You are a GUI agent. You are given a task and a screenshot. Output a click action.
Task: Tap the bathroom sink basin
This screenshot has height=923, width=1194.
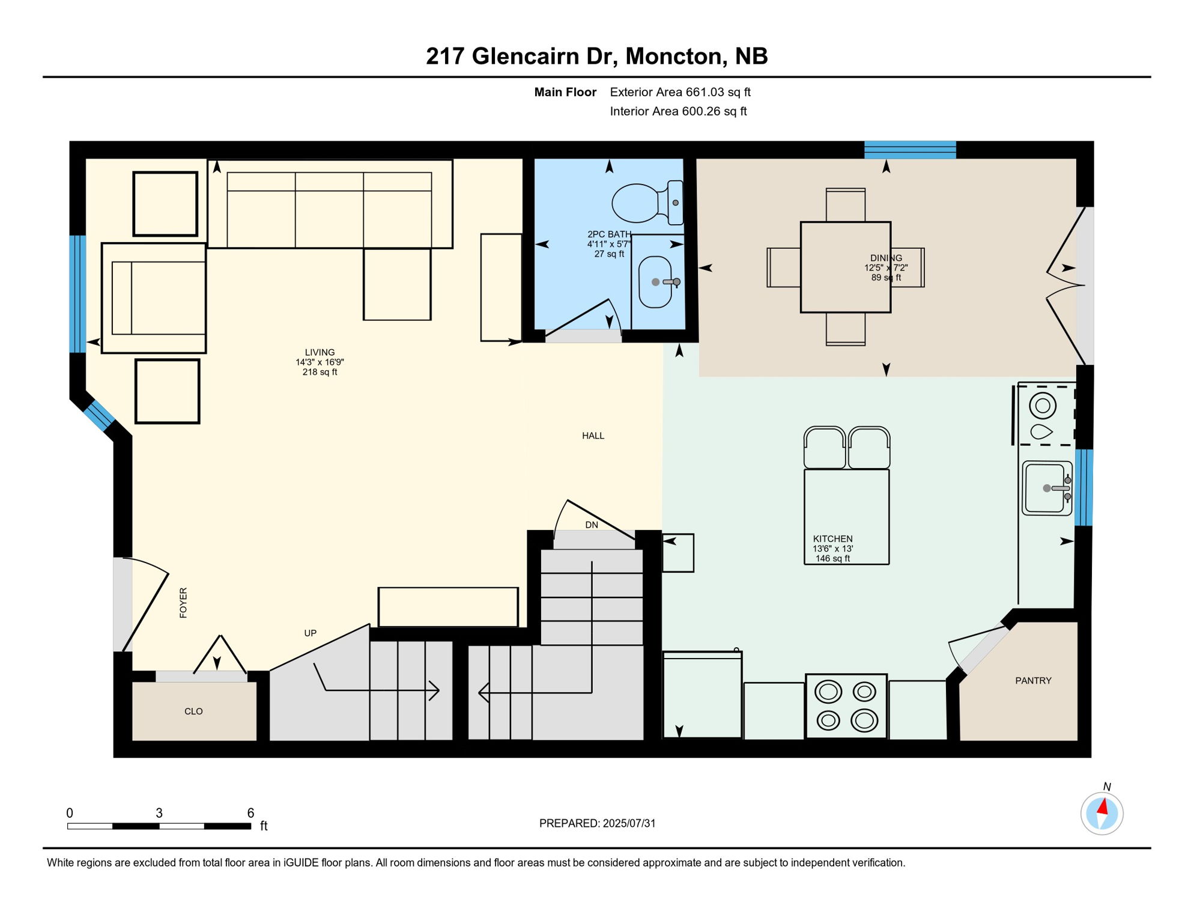tap(655, 282)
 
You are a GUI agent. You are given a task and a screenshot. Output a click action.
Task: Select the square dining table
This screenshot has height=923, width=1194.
tap(845, 267)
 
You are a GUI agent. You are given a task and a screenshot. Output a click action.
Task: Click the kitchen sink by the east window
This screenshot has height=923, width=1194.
tap(1046, 488)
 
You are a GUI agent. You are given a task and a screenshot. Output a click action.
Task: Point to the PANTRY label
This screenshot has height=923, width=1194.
tap(1033, 681)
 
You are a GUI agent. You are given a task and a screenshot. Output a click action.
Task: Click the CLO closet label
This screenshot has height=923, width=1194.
tap(193, 711)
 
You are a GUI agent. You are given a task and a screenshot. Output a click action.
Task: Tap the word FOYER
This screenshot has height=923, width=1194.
tap(183, 603)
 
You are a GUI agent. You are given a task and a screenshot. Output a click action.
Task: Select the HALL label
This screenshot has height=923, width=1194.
tap(593, 436)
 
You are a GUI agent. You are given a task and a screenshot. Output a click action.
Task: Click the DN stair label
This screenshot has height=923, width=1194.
tap(592, 525)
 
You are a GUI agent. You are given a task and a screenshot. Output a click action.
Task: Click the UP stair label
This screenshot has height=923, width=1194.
tap(310, 633)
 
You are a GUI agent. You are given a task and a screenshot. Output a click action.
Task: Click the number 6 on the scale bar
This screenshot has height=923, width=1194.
tap(250, 813)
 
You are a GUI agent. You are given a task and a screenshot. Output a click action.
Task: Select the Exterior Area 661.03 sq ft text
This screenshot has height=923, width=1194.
tap(680, 92)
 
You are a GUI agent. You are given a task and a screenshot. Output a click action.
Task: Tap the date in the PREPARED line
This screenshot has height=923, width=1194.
tap(629, 823)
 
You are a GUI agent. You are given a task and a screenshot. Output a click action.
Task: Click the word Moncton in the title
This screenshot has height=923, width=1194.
tap(673, 56)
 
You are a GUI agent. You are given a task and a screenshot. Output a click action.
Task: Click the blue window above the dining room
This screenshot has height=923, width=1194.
tap(910, 150)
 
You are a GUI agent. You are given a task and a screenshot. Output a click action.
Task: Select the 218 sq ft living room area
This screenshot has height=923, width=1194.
tap(320, 373)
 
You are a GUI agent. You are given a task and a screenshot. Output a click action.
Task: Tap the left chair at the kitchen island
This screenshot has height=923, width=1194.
tap(825, 448)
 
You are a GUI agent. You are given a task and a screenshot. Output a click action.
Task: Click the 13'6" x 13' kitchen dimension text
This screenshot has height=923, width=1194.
tap(832, 549)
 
